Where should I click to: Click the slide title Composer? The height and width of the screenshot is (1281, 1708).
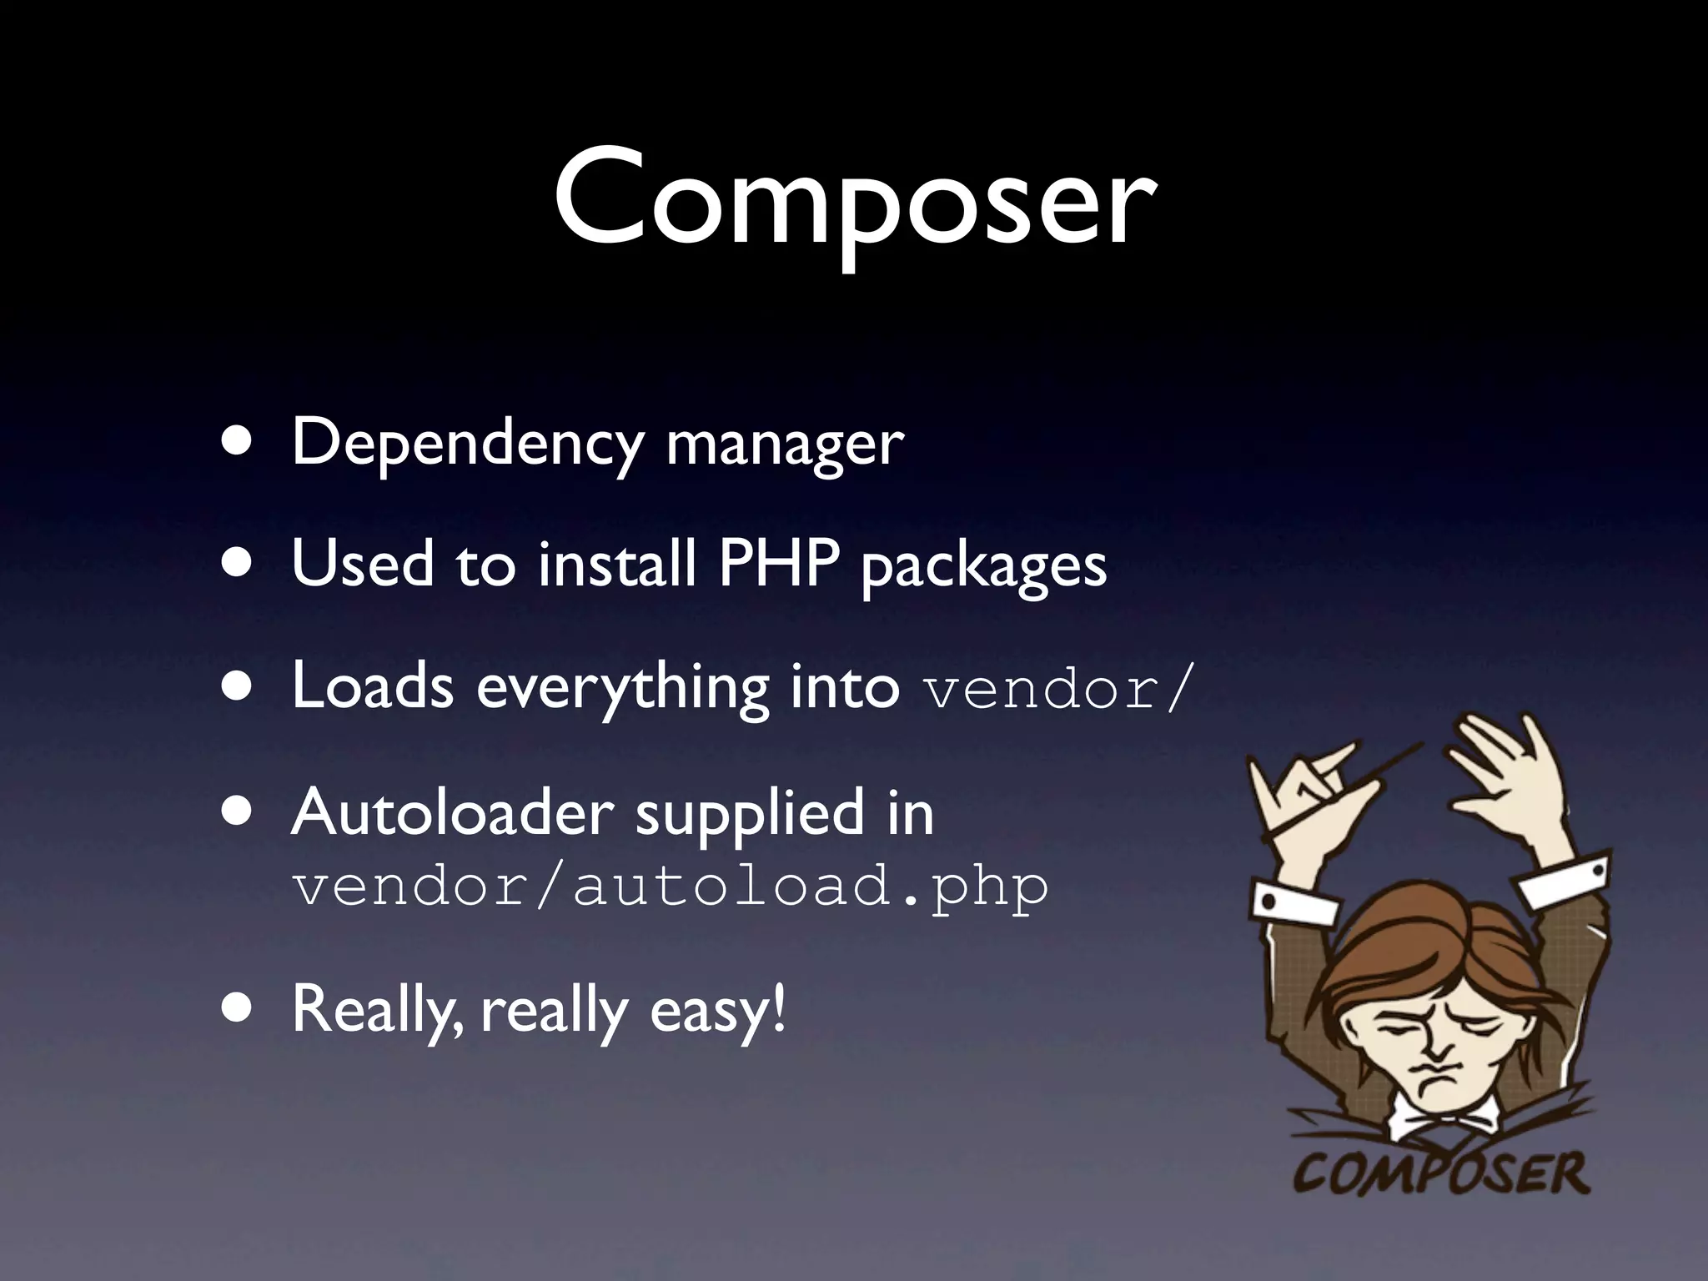[854, 200]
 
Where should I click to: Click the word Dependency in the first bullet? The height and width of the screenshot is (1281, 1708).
[467, 444]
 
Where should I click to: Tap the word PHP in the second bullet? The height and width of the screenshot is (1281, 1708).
[777, 564]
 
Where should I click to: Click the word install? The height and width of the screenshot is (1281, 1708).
[616, 564]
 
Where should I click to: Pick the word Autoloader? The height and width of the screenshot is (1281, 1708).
[452, 813]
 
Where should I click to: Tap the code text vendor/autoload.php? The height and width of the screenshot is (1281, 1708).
[670, 887]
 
